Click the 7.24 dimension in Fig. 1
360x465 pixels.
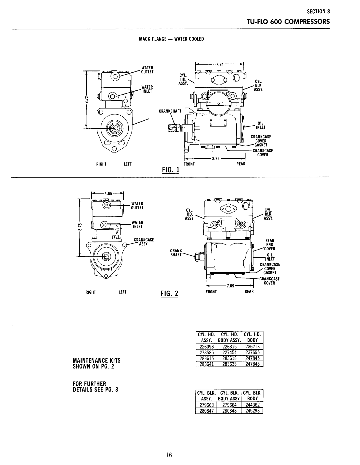[x=220, y=64]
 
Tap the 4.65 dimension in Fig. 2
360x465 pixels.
[x=108, y=194]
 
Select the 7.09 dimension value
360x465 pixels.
[x=230, y=286]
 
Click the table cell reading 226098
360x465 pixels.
[x=206, y=346]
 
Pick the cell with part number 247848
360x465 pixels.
[x=252, y=364]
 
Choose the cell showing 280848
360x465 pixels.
[x=229, y=411]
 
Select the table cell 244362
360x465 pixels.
[x=252, y=405]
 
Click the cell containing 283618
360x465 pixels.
[x=229, y=358]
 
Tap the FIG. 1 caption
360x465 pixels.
[x=171, y=170]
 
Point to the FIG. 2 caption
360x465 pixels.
[x=169, y=293]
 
